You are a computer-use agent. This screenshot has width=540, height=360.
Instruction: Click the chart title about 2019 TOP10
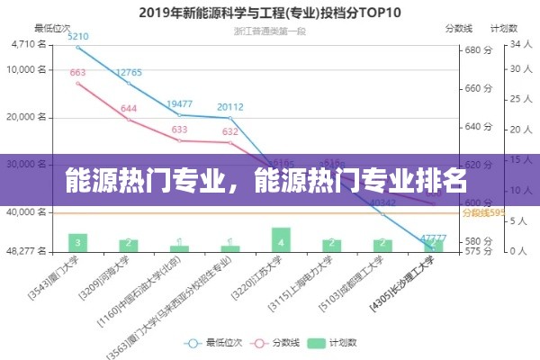pyautogui.click(x=269, y=13)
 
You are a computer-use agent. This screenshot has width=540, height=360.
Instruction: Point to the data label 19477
pyautogui.click(x=180, y=103)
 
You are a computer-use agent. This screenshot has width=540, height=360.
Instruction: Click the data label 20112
pyautogui.click(x=230, y=106)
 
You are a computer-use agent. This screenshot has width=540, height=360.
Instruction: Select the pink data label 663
pyautogui.click(x=77, y=73)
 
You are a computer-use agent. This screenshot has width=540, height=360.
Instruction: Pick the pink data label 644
pyautogui.click(x=129, y=108)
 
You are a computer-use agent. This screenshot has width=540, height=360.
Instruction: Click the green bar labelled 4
pyautogui.click(x=282, y=239)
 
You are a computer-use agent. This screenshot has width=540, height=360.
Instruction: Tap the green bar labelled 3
pyautogui.click(x=78, y=242)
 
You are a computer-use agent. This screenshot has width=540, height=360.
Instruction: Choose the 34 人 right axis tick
pyautogui.click(x=520, y=44)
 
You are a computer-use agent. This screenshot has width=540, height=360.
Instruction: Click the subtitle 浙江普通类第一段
pyautogui.click(x=269, y=31)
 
